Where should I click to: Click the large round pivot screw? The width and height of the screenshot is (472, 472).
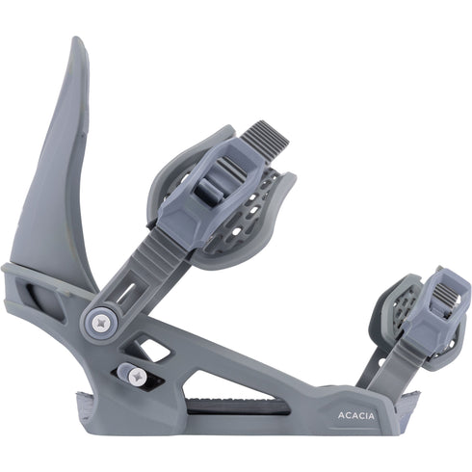[x=99, y=319]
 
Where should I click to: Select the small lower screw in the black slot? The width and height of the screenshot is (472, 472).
[x=133, y=375]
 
